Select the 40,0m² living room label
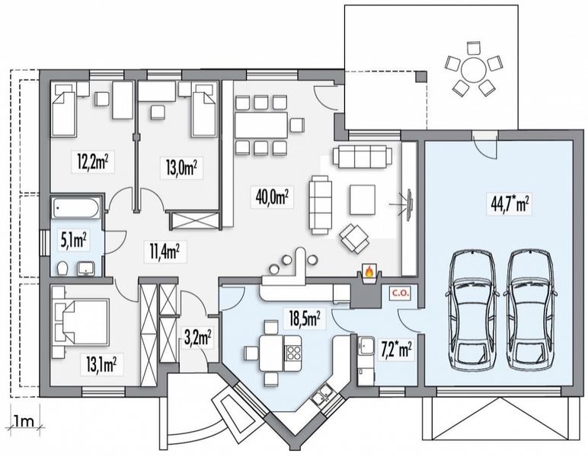point(272,197)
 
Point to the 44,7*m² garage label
point(510,204)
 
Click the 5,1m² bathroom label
point(74,241)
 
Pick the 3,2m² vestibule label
point(197,338)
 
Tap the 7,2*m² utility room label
point(395,351)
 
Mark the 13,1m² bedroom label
point(101,364)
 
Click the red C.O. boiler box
point(401,293)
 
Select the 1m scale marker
point(24,421)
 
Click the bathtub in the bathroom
point(75,207)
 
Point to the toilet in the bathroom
point(62,268)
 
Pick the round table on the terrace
point(473,69)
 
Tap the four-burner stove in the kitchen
point(293,353)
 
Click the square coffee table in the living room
point(363,200)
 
